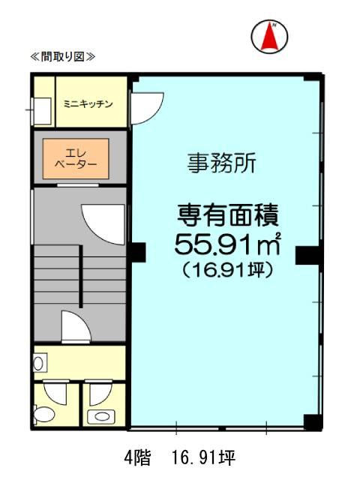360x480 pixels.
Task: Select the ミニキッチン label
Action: coord(88,103)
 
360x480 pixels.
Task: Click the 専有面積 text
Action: coord(228,217)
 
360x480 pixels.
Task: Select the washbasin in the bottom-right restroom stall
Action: coord(100,415)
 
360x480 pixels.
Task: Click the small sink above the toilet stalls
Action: coord(39,363)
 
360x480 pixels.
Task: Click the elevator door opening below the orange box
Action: coord(75,183)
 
